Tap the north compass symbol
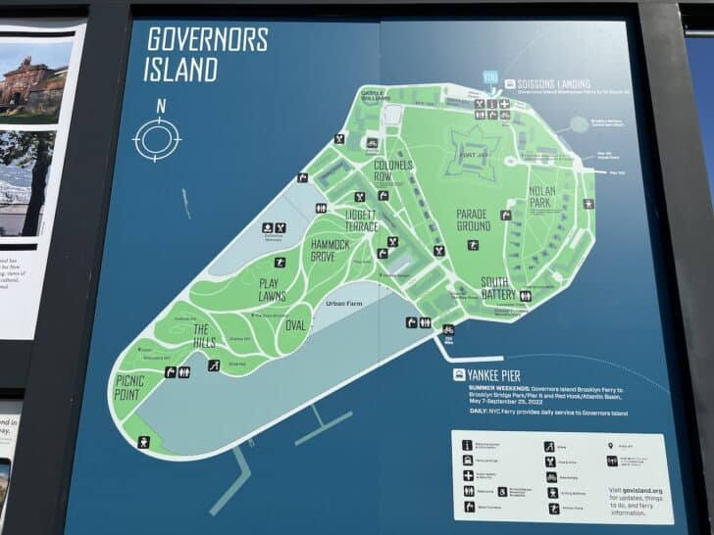(x=157, y=138)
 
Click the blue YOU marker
(x=490, y=76)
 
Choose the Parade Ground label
(x=473, y=219)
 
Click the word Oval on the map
(x=296, y=324)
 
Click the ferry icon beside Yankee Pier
(x=458, y=374)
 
